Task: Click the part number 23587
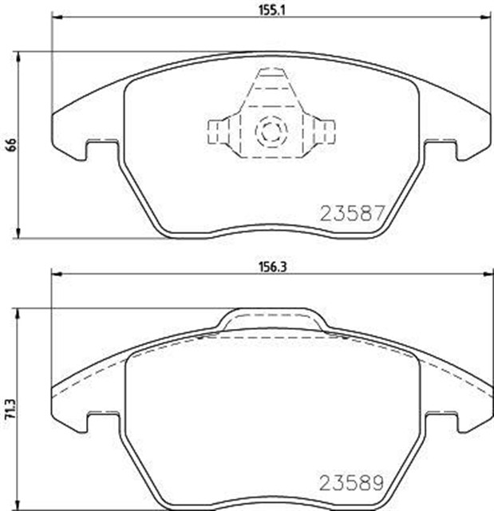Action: [x=353, y=213]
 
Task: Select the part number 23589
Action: [x=353, y=484]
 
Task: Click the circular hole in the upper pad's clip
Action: [x=271, y=129]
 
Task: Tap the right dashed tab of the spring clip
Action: [x=324, y=129]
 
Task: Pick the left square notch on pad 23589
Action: [x=101, y=420]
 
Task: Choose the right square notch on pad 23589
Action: [x=441, y=420]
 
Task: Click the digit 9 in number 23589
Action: [x=379, y=484]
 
